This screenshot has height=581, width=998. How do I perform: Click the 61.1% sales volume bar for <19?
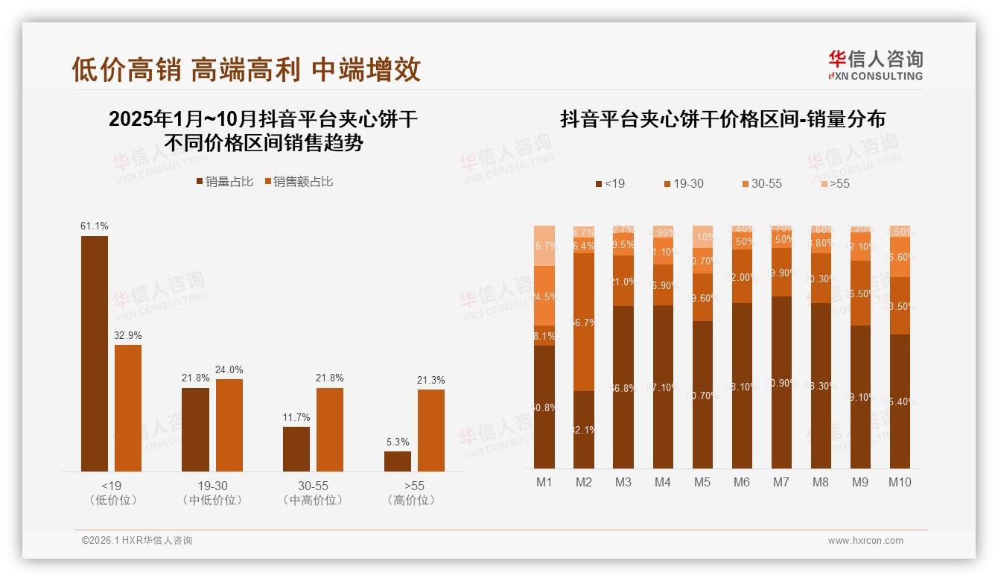95,353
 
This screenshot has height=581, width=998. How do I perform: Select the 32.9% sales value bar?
128,407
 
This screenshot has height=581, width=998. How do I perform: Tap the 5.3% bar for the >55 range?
398,461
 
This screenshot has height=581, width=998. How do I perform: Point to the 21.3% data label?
430,380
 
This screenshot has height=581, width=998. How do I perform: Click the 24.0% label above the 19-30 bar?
229,369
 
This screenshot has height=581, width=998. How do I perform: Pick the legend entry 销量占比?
225,181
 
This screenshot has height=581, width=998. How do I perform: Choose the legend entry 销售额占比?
299,181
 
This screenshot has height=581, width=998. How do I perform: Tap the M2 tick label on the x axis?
584,482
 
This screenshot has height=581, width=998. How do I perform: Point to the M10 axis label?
900,482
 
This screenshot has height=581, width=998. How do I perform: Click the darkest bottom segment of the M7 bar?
781,382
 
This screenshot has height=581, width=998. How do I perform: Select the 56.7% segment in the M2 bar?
584,322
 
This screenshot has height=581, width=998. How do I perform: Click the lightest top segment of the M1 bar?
544,245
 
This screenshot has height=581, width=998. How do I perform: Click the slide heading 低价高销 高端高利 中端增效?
246,69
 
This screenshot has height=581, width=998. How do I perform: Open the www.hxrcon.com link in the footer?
865,541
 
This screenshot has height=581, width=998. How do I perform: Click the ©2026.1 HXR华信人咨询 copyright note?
137,541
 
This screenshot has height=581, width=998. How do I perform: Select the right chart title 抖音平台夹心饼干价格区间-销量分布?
722,119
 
